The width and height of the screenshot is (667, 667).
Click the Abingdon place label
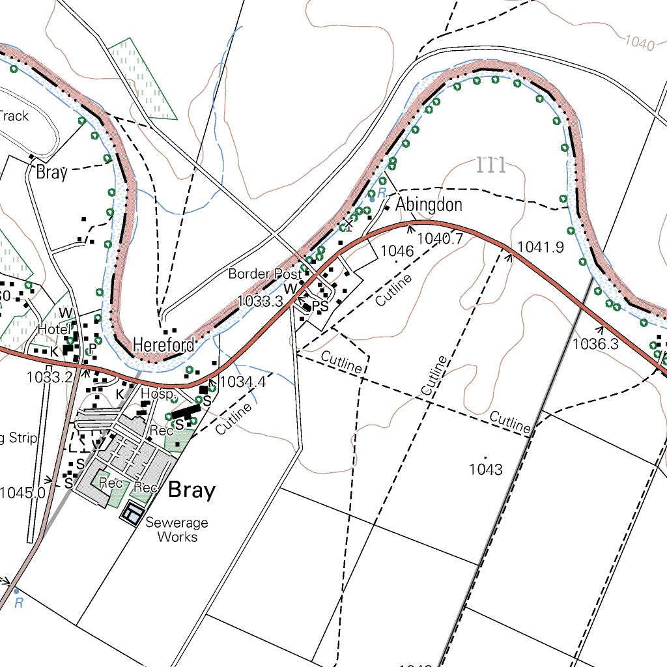[x=429, y=205]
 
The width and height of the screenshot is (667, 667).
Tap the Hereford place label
[x=163, y=345]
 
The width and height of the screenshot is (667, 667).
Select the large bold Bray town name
[x=192, y=490]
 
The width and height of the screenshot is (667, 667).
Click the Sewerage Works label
[x=177, y=530]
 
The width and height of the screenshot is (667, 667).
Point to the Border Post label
[x=264, y=274]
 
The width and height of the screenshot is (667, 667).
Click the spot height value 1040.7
[x=440, y=238]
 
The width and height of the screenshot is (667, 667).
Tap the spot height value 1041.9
[x=540, y=248]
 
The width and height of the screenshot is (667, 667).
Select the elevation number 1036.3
[x=595, y=343]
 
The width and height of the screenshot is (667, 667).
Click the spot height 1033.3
[x=260, y=301]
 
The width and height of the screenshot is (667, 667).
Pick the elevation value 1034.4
[x=243, y=382]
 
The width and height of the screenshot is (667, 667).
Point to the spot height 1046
[x=397, y=251]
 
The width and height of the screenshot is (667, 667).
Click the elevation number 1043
[x=485, y=469]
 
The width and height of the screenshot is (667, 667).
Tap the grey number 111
[x=491, y=165]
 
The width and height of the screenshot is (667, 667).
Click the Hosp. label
[x=160, y=395]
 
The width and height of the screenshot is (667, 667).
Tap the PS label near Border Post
[x=320, y=306]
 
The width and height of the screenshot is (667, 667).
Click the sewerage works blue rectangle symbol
[x=133, y=514]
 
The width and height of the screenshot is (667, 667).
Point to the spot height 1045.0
[x=22, y=492]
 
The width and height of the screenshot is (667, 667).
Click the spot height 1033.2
[x=49, y=377]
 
